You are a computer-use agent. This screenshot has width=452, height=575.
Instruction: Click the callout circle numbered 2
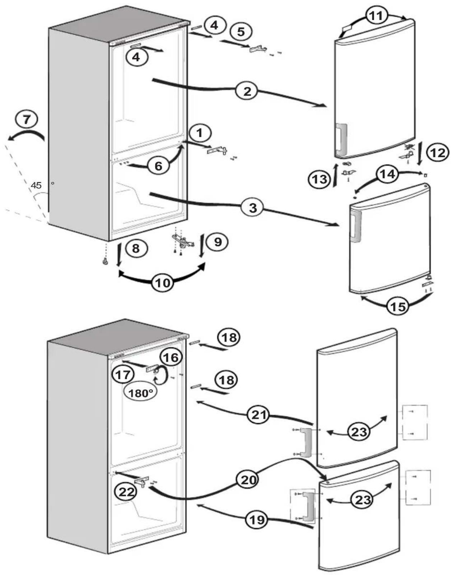click(247, 91)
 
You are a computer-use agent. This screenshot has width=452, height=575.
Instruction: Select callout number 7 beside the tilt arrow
click(27, 120)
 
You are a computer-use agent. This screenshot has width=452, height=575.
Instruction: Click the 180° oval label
click(140, 393)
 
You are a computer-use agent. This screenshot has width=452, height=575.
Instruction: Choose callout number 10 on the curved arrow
click(163, 283)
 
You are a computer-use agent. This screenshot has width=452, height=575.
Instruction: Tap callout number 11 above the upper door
click(376, 15)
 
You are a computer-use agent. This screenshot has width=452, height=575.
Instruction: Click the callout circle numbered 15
click(398, 306)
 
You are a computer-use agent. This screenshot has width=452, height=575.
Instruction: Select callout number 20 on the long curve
click(247, 480)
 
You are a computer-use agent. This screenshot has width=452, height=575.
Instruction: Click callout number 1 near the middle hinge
click(200, 133)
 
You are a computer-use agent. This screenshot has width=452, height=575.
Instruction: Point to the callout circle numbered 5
click(241, 32)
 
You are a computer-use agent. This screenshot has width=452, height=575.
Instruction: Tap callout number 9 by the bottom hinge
click(218, 242)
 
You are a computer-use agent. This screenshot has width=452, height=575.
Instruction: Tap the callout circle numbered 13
click(320, 179)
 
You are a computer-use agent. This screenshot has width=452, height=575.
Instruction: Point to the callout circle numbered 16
click(171, 357)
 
